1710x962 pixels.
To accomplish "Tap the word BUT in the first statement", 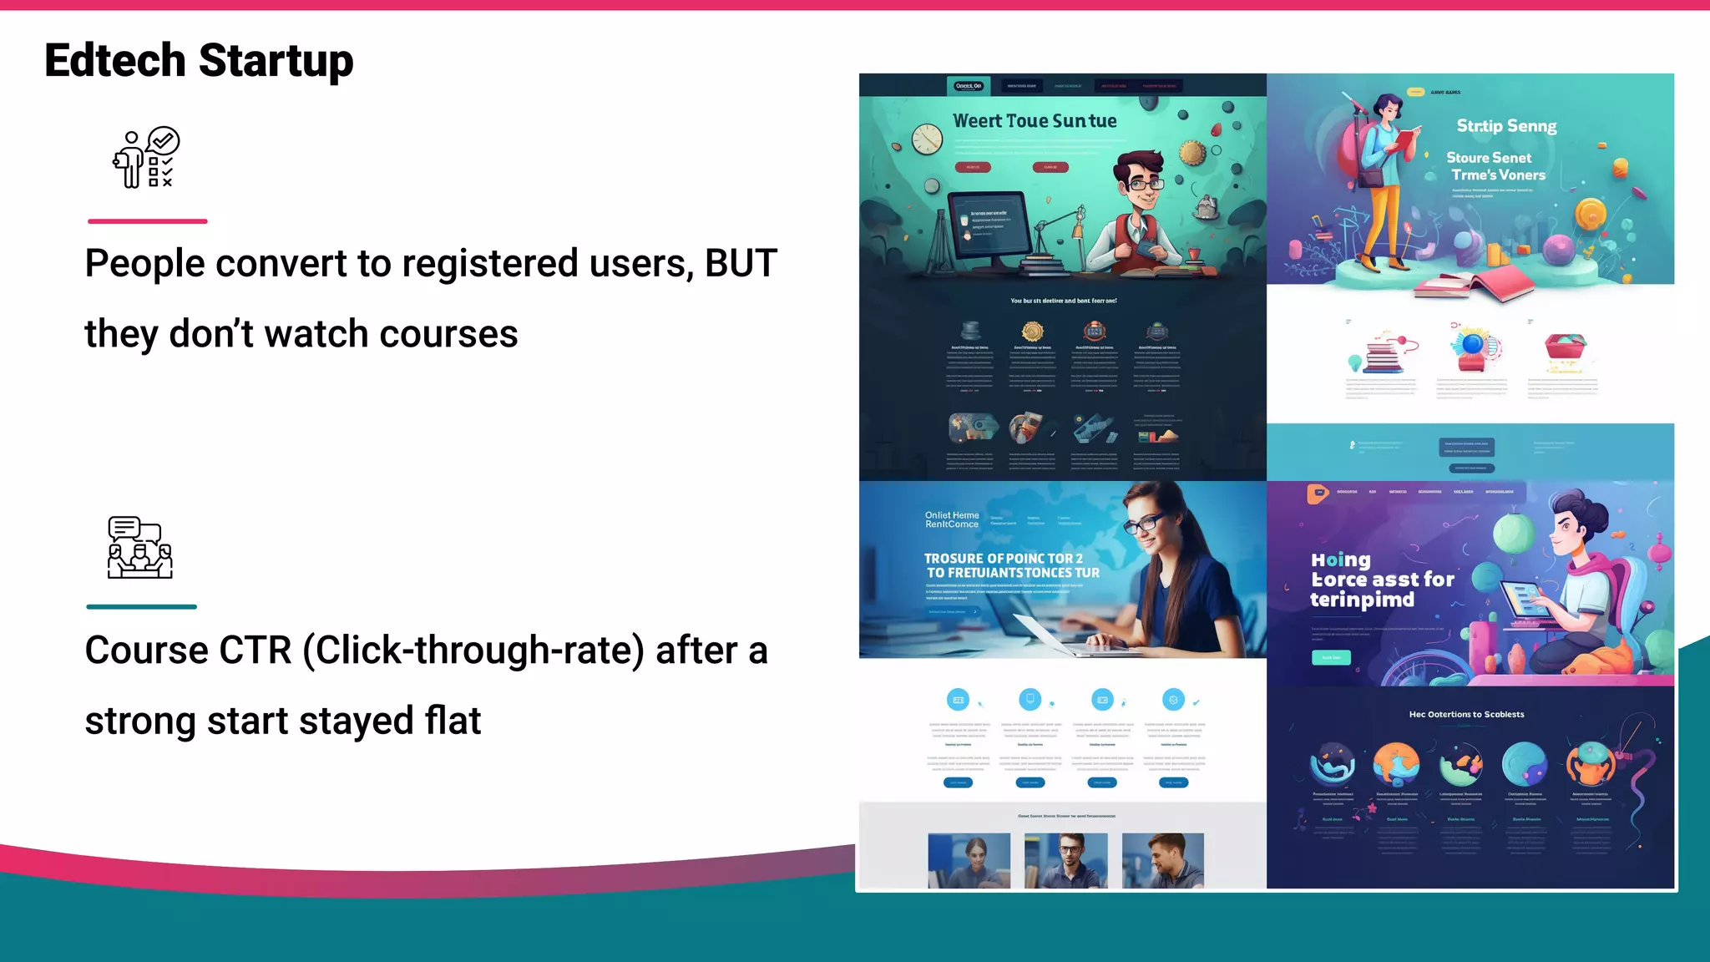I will click(x=741, y=264).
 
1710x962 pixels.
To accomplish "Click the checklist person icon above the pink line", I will click(x=146, y=158).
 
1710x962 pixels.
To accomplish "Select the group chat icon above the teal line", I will click(x=139, y=548).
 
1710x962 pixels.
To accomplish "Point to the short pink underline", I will click(x=147, y=221).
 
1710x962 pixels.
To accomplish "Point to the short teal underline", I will click(x=141, y=607).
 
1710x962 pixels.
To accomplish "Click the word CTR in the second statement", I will click(x=255, y=651).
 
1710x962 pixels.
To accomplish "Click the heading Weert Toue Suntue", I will click(x=1035, y=121).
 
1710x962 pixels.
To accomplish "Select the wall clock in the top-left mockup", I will click(x=927, y=139).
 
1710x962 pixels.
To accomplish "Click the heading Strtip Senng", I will click(x=1506, y=126).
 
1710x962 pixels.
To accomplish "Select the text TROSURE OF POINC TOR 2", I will click(x=1003, y=558).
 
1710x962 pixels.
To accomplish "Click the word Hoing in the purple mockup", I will click(x=1340, y=559).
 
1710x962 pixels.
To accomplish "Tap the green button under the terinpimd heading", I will click(x=1331, y=658).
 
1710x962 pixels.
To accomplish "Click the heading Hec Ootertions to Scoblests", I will click(x=1466, y=714).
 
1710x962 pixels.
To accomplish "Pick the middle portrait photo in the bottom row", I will click(x=1065, y=859).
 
